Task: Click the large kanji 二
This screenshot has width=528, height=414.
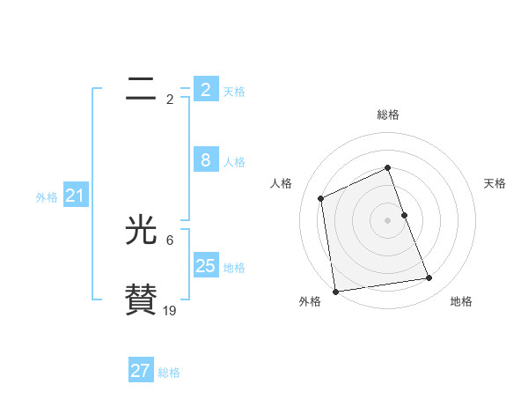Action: [141, 88]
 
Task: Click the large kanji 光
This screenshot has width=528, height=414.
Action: [141, 231]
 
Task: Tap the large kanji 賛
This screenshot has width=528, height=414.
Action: [141, 299]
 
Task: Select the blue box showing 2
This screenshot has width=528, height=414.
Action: [205, 89]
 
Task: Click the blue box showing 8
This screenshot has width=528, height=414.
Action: [205, 159]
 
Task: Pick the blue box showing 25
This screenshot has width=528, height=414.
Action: [205, 265]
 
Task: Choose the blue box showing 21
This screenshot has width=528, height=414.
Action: [75, 196]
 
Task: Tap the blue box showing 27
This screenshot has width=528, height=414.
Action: [141, 371]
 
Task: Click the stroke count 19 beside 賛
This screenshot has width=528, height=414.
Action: [170, 310]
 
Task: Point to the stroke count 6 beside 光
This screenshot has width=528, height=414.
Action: [170, 240]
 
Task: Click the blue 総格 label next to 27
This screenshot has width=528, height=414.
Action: [169, 373]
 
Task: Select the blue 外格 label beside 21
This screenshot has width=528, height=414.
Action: [47, 197]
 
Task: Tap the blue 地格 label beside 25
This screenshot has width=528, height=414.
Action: [234, 267]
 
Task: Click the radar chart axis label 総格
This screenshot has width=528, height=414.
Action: [388, 115]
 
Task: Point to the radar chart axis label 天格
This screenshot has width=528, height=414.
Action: [495, 183]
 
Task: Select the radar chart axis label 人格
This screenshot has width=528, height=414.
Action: [281, 183]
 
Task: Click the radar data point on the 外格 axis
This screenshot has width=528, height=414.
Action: [335, 292]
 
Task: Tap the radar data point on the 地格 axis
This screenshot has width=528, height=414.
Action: [429, 278]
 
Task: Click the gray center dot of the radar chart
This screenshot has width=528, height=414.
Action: [388, 220]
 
